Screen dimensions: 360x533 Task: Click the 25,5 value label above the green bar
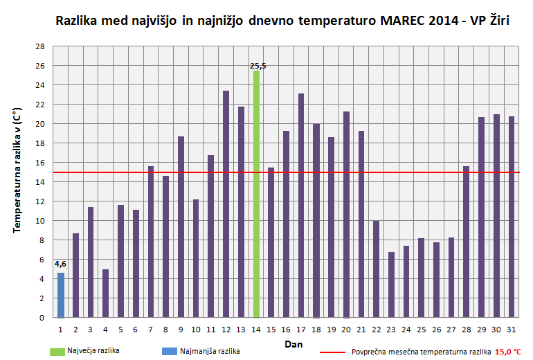pyautogui.click(x=258, y=66)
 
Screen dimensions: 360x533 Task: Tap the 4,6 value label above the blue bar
pyautogui.click(x=60, y=264)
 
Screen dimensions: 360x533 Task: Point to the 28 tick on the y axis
pyautogui.click(x=40, y=46)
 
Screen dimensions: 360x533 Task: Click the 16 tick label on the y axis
pyautogui.click(x=40, y=163)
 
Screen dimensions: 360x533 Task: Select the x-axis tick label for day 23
pyautogui.click(x=391, y=330)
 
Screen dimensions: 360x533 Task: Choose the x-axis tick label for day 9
pyautogui.click(x=181, y=330)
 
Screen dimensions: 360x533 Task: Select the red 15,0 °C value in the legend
pyautogui.click(x=507, y=352)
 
